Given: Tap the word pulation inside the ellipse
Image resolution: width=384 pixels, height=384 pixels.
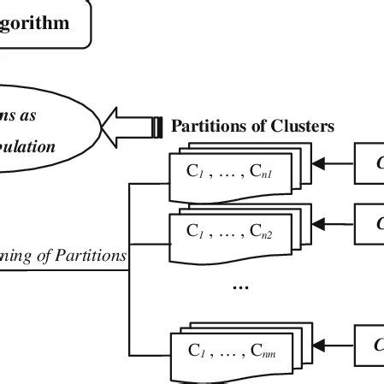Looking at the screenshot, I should [27, 146].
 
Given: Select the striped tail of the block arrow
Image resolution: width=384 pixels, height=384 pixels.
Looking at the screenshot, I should [157, 127].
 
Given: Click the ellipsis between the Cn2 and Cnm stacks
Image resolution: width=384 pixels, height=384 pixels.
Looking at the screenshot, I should [240, 287].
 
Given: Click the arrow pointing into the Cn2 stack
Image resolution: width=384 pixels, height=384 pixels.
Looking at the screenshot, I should [334, 224].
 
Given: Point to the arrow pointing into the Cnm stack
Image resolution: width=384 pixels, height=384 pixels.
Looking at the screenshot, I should [334, 345].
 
